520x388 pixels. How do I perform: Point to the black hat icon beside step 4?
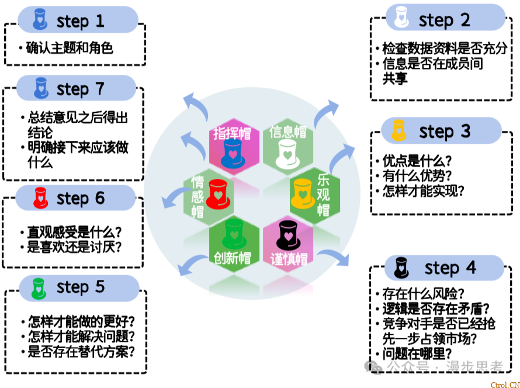click(x=401, y=267)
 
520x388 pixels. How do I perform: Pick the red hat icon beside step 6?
click(x=40, y=198)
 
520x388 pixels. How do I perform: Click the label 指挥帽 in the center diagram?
click(x=232, y=133)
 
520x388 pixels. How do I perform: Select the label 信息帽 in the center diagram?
click(x=287, y=131)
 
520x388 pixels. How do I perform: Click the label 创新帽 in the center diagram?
click(x=232, y=258)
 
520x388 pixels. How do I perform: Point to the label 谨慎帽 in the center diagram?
click(x=289, y=259)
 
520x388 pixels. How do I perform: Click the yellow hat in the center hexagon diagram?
click(x=303, y=193)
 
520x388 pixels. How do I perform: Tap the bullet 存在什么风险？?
click(x=423, y=293)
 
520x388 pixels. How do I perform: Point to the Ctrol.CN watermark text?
click(x=504, y=384)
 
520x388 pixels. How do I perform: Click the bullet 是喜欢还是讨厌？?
click(x=74, y=247)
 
